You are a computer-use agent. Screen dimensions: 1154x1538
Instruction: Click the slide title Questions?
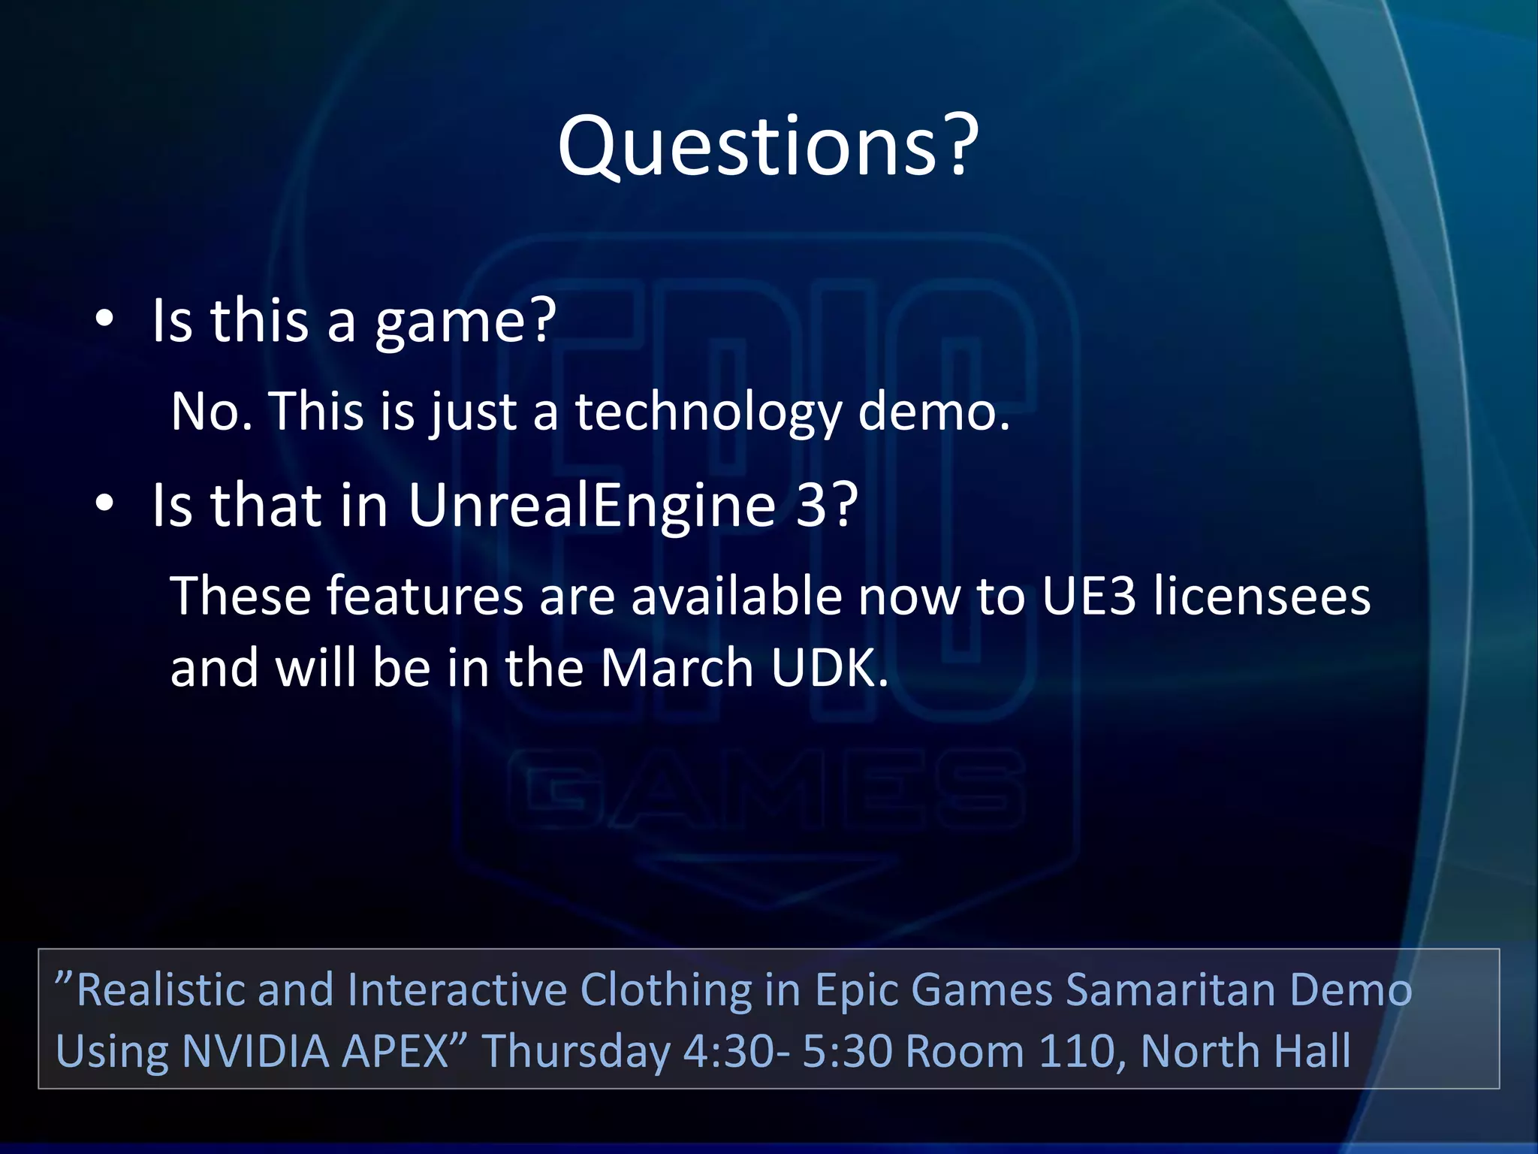pyautogui.click(x=767, y=146)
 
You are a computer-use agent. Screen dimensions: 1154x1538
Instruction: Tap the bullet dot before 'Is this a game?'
pyautogui.click(x=104, y=319)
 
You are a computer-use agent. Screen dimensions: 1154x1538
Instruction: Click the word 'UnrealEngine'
pyautogui.click(x=592, y=506)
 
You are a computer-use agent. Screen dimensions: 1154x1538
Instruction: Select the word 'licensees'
pyautogui.click(x=1262, y=596)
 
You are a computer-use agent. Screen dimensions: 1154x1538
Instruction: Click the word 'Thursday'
pyautogui.click(x=576, y=1052)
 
